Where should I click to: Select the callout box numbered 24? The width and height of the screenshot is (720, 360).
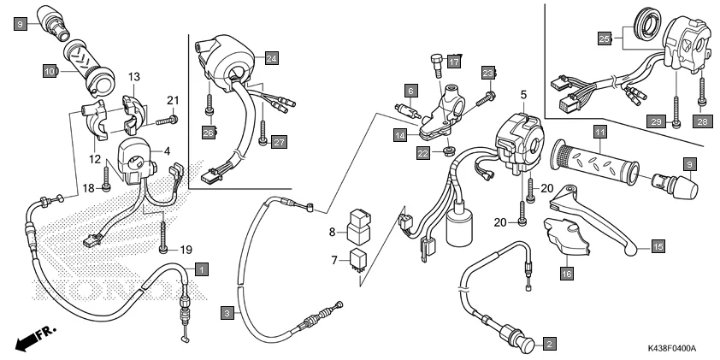(x=271, y=58)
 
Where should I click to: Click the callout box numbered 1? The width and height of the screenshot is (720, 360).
(x=199, y=269)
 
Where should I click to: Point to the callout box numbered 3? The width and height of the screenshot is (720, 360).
(x=227, y=313)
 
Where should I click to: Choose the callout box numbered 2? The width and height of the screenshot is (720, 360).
(x=550, y=344)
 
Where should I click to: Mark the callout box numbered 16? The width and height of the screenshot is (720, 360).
(x=566, y=274)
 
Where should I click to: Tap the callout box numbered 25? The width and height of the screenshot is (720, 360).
(x=604, y=38)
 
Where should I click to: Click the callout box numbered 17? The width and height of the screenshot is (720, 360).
(x=453, y=62)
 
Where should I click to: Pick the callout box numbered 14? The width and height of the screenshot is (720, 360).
(x=399, y=134)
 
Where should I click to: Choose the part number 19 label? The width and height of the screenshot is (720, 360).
(x=185, y=250)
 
